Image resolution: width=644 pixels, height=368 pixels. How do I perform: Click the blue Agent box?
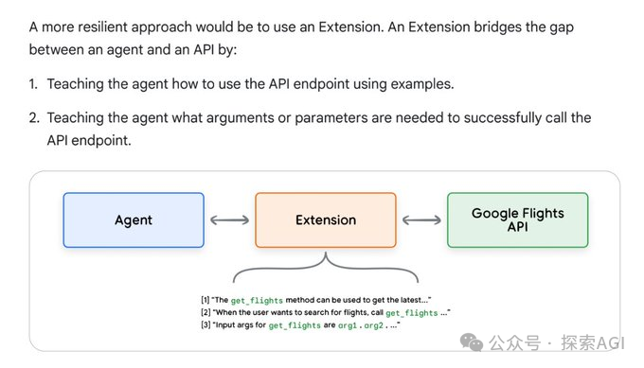[134, 220]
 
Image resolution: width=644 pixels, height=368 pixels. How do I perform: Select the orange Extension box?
[325, 220]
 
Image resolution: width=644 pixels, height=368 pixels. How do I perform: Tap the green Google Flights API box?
[517, 220]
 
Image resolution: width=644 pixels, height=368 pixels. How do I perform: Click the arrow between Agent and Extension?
[229, 220]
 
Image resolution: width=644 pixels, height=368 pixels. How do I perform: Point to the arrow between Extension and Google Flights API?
[421, 220]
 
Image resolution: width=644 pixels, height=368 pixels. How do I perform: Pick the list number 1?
[32, 84]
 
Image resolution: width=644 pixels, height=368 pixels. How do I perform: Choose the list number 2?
[32, 118]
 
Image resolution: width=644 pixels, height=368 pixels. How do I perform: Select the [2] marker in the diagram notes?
[206, 312]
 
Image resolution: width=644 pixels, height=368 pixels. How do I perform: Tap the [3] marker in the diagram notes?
[206, 325]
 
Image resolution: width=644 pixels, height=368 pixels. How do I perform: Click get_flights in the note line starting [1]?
[261, 300]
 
